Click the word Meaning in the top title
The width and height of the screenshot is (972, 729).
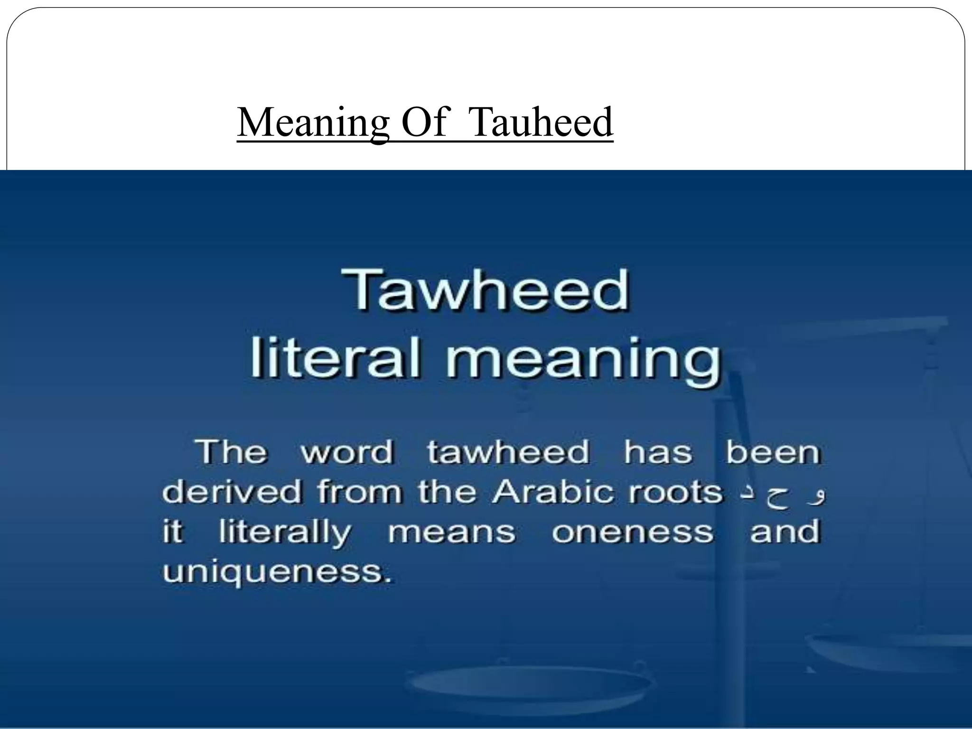313,122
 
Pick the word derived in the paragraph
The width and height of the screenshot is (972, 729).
232,492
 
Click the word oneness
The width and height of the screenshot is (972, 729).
632,532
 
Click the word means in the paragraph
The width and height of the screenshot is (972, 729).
451,532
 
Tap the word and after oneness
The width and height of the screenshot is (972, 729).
785,531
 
